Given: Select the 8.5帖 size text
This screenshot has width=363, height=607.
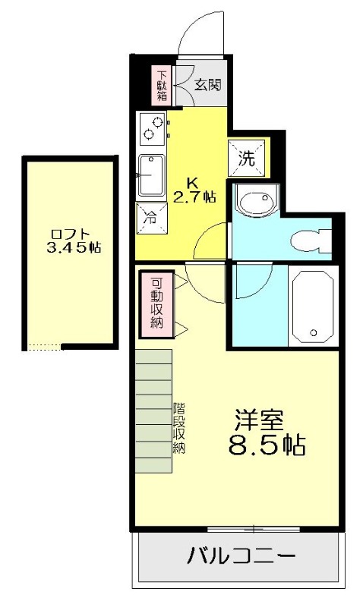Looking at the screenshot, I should pyautogui.click(x=267, y=445).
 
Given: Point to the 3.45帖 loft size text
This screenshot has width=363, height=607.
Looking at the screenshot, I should pyautogui.click(x=73, y=247).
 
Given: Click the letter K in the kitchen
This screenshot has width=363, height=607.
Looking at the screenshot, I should pyautogui.click(x=193, y=182).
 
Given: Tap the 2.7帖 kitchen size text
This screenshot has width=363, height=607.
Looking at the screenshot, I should pyautogui.click(x=194, y=197).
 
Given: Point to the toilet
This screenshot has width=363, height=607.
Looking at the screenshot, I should pyautogui.click(x=310, y=239).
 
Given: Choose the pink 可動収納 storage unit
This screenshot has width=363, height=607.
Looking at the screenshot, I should pyautogui.click(x=156, y=303).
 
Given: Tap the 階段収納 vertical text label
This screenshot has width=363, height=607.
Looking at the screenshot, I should pyautogui.click(x=179, y=427).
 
